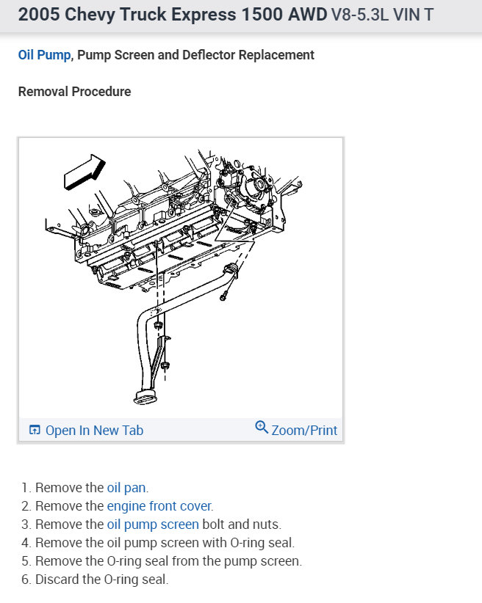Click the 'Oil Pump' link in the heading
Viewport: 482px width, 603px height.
(x=44, y=55)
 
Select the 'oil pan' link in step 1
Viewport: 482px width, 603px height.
(x=126, y=487)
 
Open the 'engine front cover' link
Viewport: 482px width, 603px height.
(x=159, y=505)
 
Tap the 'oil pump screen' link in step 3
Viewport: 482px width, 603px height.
(x=153, y=524)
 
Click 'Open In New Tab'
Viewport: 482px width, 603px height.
(x=94, y=431)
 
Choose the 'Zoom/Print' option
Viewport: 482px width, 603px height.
(x=304, y=430)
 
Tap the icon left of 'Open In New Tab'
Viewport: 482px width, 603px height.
(x=34, y=431)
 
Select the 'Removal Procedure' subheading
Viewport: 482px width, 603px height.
(x=74, y=92)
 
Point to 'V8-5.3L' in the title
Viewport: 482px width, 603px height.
(x=361, y=15)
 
